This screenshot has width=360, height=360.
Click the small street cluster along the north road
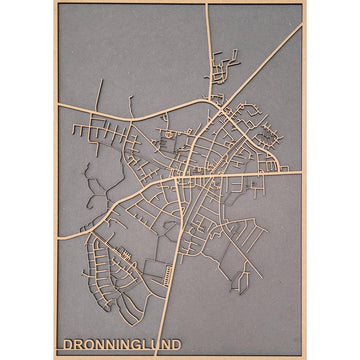[x=218, y=72]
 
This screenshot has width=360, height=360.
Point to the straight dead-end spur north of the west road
[x=100, y=95]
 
